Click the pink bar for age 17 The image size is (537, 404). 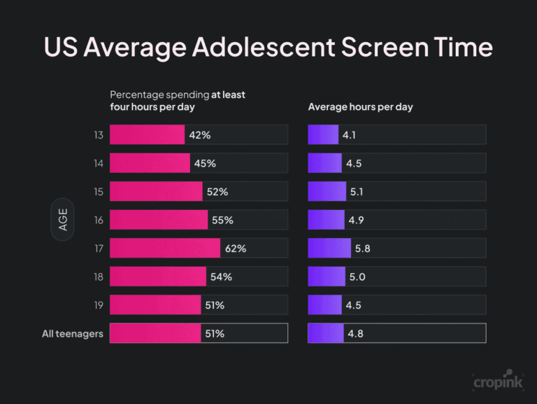(x=165, y=249)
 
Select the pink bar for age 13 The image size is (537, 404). (x=147, y=135)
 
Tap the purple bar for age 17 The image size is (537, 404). (x=329, y=249)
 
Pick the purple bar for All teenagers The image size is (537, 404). (x=326, y=333)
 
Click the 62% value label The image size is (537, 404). (x=235, y=249)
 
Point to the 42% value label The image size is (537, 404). (x=200, y=135)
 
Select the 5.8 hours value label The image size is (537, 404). (x=364, y=249)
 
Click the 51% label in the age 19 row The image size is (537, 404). (x=215, y=305)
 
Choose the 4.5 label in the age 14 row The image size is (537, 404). (x=353, y=163)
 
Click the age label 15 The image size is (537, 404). (x=98, y=192)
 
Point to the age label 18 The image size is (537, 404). (x=98, y=277)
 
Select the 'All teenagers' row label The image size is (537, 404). (x=73, y=333)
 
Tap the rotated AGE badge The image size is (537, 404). (x=63, y=220)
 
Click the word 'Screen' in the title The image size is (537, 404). (x=373, y=47)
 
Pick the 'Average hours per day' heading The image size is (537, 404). (x=360, y=107)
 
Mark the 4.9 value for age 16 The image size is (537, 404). (x=356, y=220)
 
